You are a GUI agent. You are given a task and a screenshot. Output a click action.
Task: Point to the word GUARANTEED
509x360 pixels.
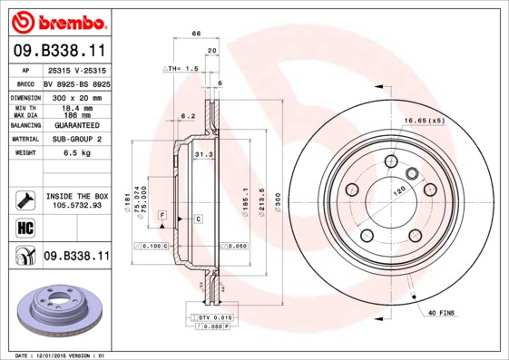[77, 125]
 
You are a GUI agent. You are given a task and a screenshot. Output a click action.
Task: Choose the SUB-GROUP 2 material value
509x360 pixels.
[77, 140]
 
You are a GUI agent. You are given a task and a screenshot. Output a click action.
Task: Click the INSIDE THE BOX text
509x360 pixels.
[77, 196]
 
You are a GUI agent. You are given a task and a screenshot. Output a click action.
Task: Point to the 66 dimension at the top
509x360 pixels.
[195, 33]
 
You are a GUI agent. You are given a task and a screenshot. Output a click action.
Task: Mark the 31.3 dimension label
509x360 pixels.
[203, 155]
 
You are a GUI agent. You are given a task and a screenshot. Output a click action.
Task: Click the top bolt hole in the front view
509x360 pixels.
[390, 162]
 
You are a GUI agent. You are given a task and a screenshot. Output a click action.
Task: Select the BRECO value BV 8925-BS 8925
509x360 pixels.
[77, 83]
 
